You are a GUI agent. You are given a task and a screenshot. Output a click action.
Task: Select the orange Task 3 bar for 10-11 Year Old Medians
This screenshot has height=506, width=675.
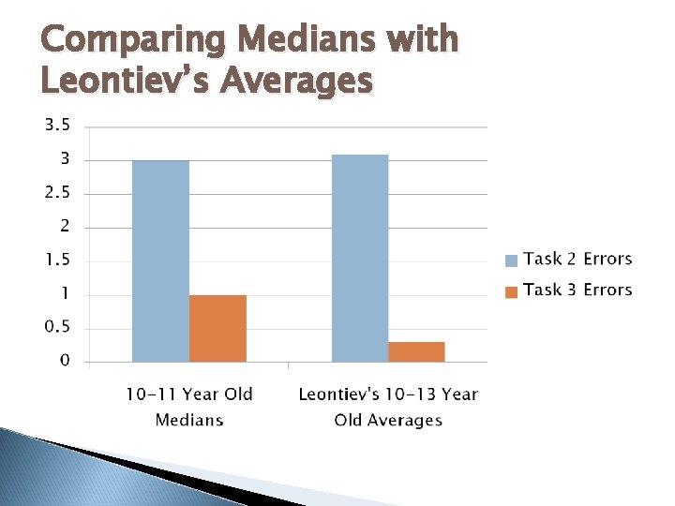point(217,328)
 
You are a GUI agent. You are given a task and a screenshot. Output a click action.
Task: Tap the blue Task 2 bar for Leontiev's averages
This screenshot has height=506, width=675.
point(360,258)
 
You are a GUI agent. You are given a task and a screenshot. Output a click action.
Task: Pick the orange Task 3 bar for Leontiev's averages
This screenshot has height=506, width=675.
point(416,351)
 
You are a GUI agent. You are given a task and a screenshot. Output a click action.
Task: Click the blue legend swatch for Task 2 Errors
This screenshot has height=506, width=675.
point(511,260)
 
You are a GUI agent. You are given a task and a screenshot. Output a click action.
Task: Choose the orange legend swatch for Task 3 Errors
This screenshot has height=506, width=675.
point(511,291)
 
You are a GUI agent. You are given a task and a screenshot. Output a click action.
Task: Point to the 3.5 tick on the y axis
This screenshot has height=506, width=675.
point(58,125)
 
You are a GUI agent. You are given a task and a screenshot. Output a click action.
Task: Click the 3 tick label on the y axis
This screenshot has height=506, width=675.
point(65,159)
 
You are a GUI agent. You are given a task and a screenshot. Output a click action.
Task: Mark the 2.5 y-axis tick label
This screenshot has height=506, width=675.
point(58,193)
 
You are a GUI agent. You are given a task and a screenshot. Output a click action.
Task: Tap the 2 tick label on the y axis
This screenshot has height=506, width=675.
point(65,227)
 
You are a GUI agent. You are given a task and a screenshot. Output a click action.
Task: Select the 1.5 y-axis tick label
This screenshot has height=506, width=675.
point(58,260)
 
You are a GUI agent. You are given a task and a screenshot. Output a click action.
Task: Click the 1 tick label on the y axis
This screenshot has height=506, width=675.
point(66,293)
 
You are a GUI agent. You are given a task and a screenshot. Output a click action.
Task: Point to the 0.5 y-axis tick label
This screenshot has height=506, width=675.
point(58,326)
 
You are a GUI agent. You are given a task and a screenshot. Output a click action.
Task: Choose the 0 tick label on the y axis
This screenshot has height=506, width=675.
point(65,360)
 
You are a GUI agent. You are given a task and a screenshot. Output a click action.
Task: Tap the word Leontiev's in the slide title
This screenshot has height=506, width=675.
point(127,82)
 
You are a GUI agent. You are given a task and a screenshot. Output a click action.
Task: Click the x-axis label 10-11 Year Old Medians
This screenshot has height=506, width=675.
point(189,407)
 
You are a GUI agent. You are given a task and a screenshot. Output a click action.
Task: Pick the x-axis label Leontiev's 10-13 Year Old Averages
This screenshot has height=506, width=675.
point(388,407)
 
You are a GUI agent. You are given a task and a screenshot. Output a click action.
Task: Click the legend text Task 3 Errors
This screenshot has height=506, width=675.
point(577,290)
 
